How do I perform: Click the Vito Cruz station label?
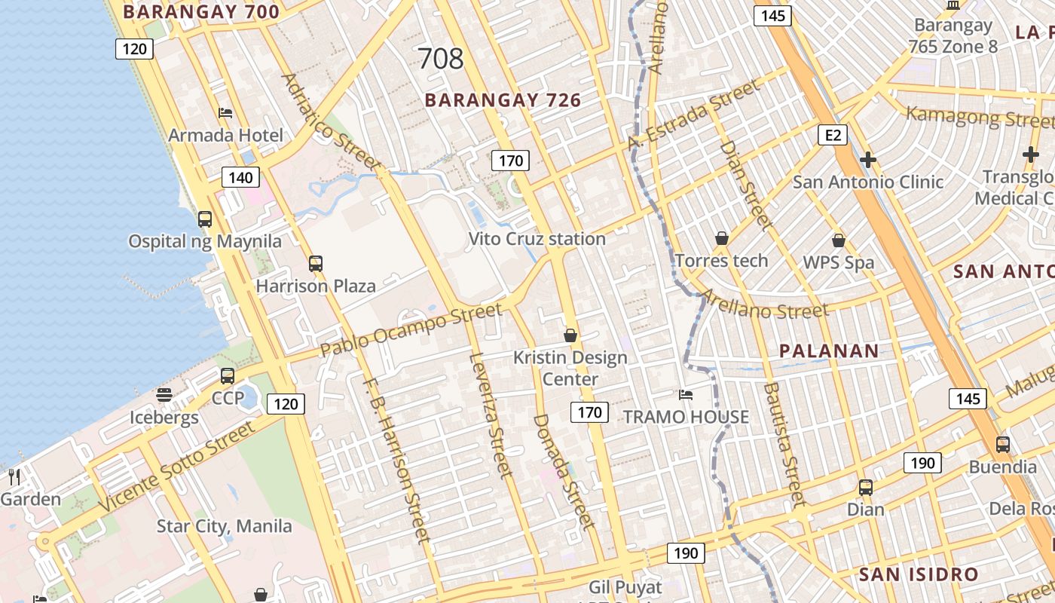tap(537, 239)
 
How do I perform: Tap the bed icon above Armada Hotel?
tap(225, 113)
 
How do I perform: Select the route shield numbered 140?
tap(240, 178)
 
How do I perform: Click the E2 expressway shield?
tap(832, 135)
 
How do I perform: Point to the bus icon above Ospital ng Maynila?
tap(205, 219)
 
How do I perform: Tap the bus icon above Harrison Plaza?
tap(316, 264)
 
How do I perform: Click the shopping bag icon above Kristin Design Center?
tap(570, 335)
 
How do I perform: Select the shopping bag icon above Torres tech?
tap(722, 238)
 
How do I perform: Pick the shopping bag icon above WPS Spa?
tap(838, 240)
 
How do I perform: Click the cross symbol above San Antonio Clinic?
tap(868, 160)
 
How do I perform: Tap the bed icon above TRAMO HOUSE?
tap(686, 394)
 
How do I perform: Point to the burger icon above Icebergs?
tap(164, 395)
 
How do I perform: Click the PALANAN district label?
tap(829, 350)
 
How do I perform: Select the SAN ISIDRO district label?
tap(918, 574)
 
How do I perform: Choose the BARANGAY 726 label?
tap(503, 100)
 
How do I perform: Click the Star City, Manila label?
tap(224, 525)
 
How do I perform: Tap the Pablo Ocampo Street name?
tap(411, 330)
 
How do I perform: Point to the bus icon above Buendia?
tap(1002, 445)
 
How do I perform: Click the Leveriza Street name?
tap(491, 415)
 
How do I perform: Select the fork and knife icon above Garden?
tap(14, 476)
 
